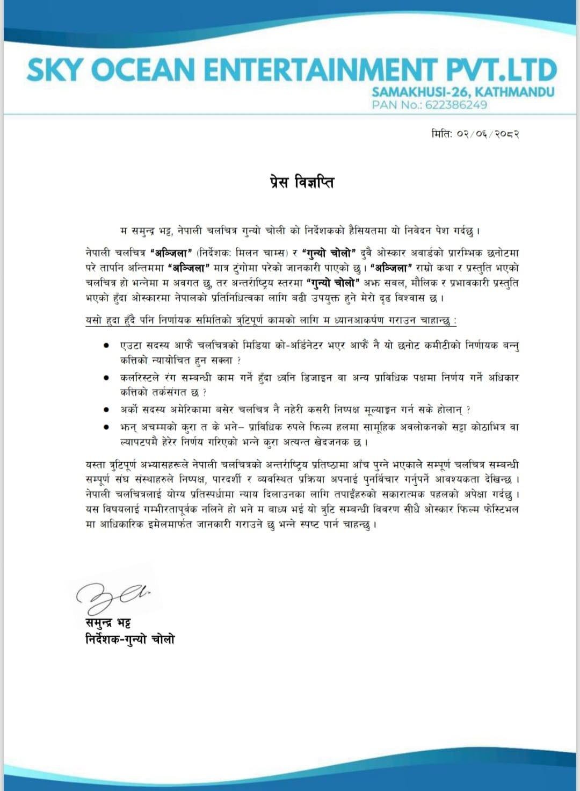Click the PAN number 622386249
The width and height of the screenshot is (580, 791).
pos(456,105)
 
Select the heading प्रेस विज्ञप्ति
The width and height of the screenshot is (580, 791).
pos(302,183)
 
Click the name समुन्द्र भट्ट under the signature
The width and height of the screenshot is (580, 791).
pos(108,623)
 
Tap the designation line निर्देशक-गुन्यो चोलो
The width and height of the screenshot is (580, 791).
pos(130,639)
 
